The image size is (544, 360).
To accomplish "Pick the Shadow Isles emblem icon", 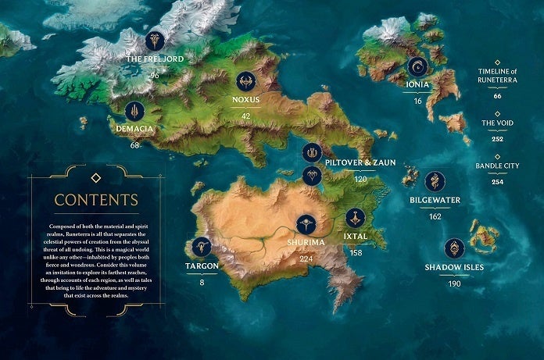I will (x=453, y=248).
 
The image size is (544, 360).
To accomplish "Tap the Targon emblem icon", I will (x=202, y=247).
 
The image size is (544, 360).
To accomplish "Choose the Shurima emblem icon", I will (x=306, y=224).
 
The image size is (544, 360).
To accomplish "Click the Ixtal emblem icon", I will (x=356, y=217).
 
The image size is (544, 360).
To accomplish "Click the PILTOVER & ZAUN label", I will (x=361, y=162).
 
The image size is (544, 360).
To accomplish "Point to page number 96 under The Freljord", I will (x=155, y=75).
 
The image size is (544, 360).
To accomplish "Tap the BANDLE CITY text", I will (x=498, y=166).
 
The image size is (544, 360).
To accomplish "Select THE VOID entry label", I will (x=497, y=123).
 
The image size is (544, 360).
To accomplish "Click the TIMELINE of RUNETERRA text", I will (x=498, y=77).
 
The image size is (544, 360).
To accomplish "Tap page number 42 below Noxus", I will (x=246, y=116).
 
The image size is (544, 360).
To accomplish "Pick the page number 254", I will (x=498, y=182).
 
